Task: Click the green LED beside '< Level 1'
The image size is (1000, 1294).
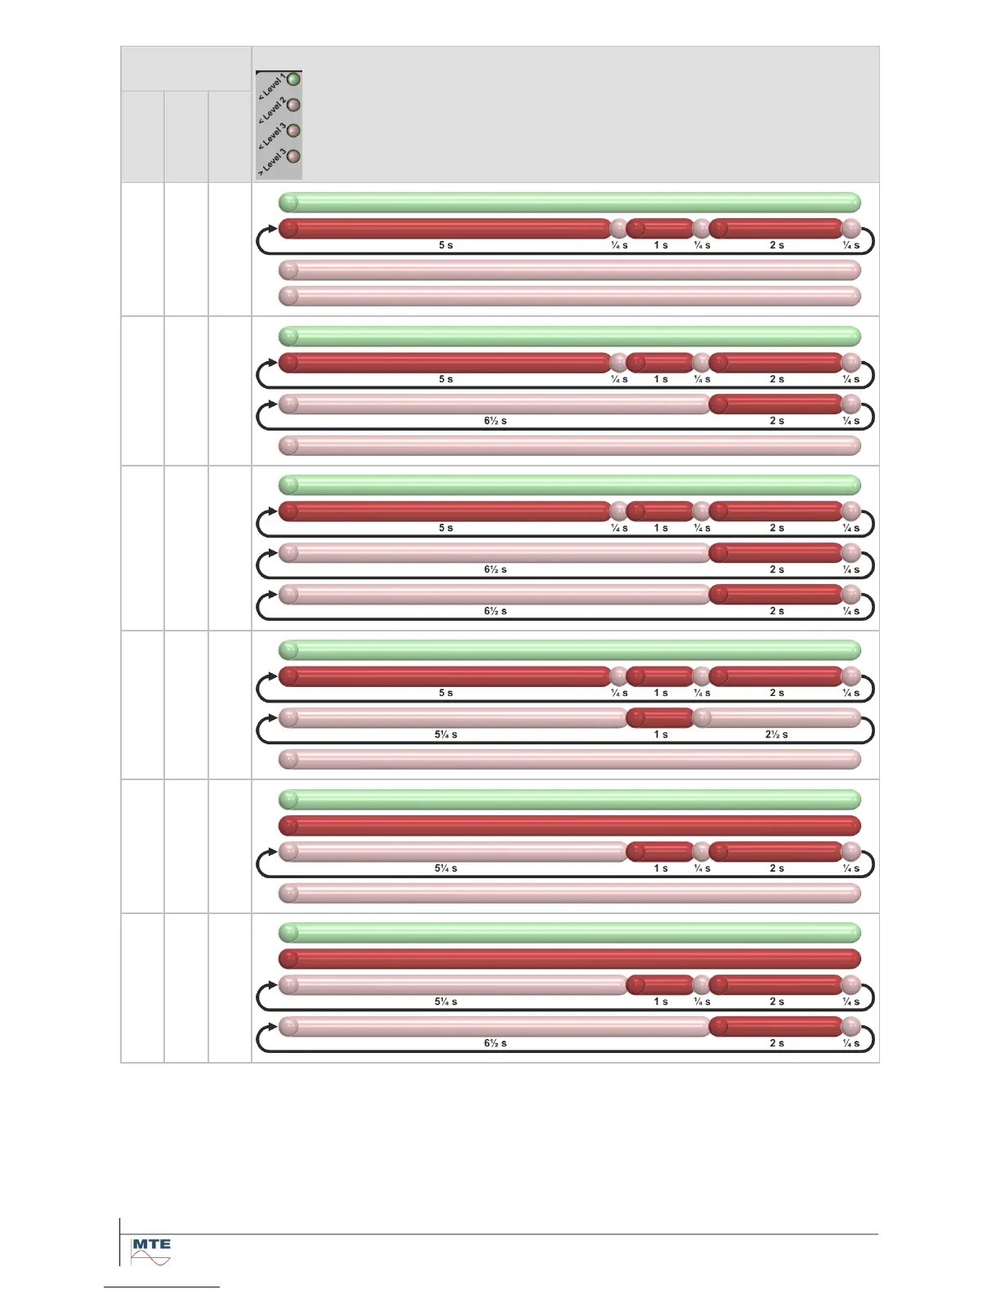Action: pyautogui.click(x=293, y=80)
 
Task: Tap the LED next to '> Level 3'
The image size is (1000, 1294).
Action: pyautogui.click(x=293, y=156)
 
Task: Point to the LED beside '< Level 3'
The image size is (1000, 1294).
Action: pyautogui.click(x=293, y=131)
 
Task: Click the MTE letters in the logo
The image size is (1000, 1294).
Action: pyautogui.click(x=151, y=1245)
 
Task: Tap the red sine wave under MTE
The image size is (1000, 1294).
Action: pyautogui.click(x=151, y=1259)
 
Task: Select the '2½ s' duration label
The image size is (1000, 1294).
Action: pyautogui.click(x=776, y=734)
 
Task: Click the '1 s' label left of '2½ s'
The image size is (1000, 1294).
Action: pyautogui.click(x=660, y=734)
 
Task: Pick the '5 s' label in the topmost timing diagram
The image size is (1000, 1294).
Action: pyautogui.click(x=445, y=245)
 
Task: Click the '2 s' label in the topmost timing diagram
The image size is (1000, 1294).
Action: pyautogui.click(x=776, y=245)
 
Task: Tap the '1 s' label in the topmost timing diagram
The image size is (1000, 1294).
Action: pyautogui.click(x=660, y=245)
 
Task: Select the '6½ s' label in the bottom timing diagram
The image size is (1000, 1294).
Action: pyautogui.click(x=495, y=1043)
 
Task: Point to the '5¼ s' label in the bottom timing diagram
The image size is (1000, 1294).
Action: pyautogui.click(x=445, y=1002)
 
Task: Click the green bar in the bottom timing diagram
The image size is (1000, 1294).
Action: pyautogui.click(x=569, y=933)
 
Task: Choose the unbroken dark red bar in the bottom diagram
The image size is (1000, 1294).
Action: pyautogui.click(x=569, y=959)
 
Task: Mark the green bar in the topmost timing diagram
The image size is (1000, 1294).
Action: pyautogui.click(x=569, y=203)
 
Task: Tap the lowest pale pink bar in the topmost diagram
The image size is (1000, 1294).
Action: pyautogui.click(x=569, y=296)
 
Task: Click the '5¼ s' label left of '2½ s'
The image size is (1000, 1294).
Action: pyautogui.click(x=445, y=734)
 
